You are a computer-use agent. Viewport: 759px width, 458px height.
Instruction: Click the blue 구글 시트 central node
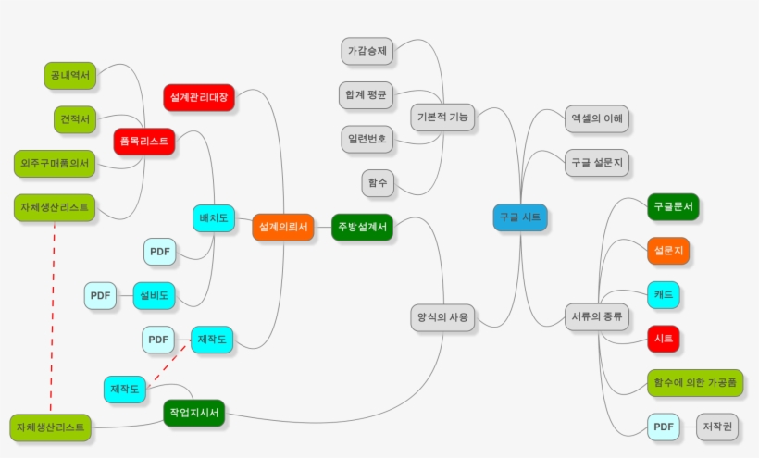[x=520, y=217]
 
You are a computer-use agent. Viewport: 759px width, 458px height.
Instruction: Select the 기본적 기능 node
[x=442, y=117]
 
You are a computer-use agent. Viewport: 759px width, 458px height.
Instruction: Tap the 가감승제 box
[x=367, y=51]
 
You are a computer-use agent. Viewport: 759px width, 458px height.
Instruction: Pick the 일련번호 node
[x=367, y=140]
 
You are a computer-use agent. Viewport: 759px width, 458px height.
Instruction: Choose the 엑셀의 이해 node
[x=597, y=118]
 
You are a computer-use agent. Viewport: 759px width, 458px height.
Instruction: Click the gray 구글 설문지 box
[x=597, y=163]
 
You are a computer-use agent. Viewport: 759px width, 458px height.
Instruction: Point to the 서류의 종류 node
[x=597, y=316]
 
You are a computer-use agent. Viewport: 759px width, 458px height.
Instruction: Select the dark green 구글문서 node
[x=673, y=206]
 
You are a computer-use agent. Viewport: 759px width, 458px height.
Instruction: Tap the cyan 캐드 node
[x=663, y=294]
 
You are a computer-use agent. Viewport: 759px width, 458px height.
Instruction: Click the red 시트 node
[x=663, y=339]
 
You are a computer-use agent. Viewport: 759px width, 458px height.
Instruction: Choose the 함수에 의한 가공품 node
[x=695, y=382]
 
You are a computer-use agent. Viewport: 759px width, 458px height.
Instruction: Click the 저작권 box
[x=717, y=427]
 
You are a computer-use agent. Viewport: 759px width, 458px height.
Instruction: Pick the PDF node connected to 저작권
[x=663, y=427]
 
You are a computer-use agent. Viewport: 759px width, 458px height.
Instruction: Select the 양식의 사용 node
[x=442, y=317]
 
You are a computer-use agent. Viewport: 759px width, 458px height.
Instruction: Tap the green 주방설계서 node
[x=362, y=227]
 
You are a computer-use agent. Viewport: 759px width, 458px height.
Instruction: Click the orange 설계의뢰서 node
[x=282, y=227]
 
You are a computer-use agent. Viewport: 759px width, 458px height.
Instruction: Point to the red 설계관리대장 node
[x=199, y=97]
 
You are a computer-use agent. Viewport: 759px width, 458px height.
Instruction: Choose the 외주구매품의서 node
[x=55, y=164]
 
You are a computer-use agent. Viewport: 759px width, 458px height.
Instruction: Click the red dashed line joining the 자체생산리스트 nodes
[x=52, y=317]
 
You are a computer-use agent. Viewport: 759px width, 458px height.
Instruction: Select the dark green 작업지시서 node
[x=194, y=413]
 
